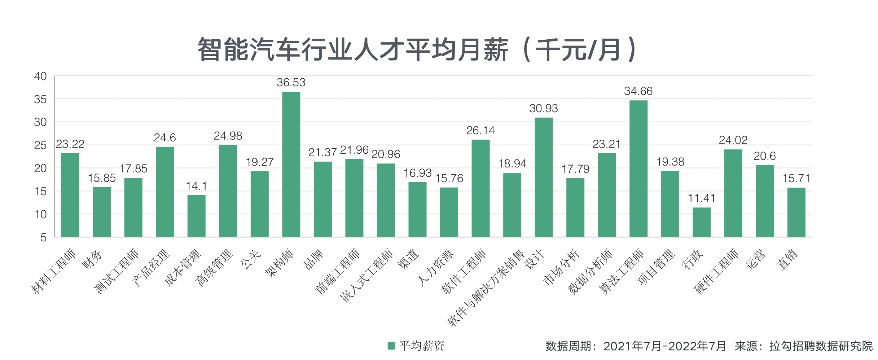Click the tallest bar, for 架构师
pyautogui.click(x=291, y=164)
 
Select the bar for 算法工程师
pyautogui.click(x=638, y=168)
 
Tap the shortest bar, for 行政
pyautogui.click(x=701, y=222)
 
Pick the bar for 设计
pyautogui.click(x=543, y=177)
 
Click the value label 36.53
pyautogui.click(x=291, y=83)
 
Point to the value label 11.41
pyautogui.click(x=701, y=198)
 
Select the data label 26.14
pyautogui.click(x=480, y=131)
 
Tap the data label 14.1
pyautogui.click(x=196, y=186)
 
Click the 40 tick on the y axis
pyautogui.click(x=40, y=76)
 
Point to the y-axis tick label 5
pyautogui.click(x=44, y=237)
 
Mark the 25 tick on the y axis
pyautogui.click(x=40, y=145)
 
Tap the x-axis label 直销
pyautogui.click(x=787, y=260)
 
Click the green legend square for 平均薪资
pyautogui.click(x=391, y=346)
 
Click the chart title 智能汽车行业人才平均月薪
pyautogui.click(x=353, y=50)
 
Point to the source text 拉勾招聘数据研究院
pyautogui.click(x=821, y=346)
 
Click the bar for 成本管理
pyautogui.click(x=196, y=216)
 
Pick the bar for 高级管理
pyautogui.click(x=228, y=191)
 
